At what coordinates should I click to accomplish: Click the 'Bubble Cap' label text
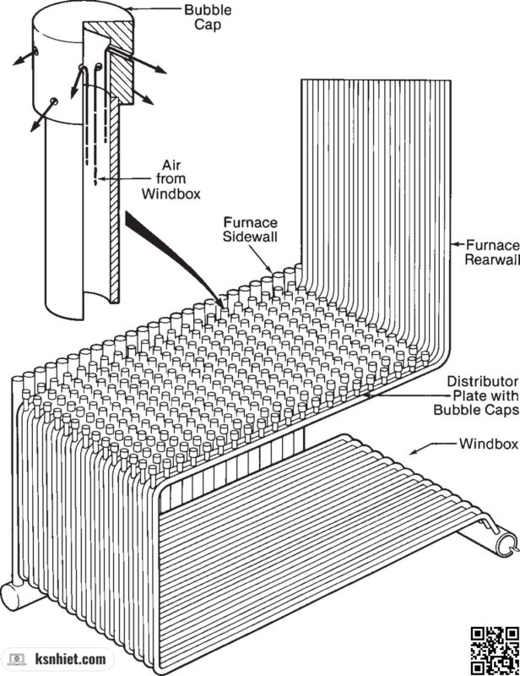point(208,17)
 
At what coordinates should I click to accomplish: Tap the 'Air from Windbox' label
point(171,179)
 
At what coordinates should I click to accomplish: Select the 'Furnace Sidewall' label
point(251,229)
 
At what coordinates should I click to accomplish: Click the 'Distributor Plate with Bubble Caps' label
point(476,395)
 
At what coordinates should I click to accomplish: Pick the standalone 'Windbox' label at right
point(489,444)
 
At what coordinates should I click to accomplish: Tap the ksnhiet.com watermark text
point(70,659)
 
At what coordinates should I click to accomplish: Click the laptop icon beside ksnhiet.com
point(18,659)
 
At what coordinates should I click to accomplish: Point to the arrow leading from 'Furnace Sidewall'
point(263,259)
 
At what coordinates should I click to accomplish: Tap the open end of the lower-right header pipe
point(506,544)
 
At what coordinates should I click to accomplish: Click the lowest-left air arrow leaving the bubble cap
point(43,115)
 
